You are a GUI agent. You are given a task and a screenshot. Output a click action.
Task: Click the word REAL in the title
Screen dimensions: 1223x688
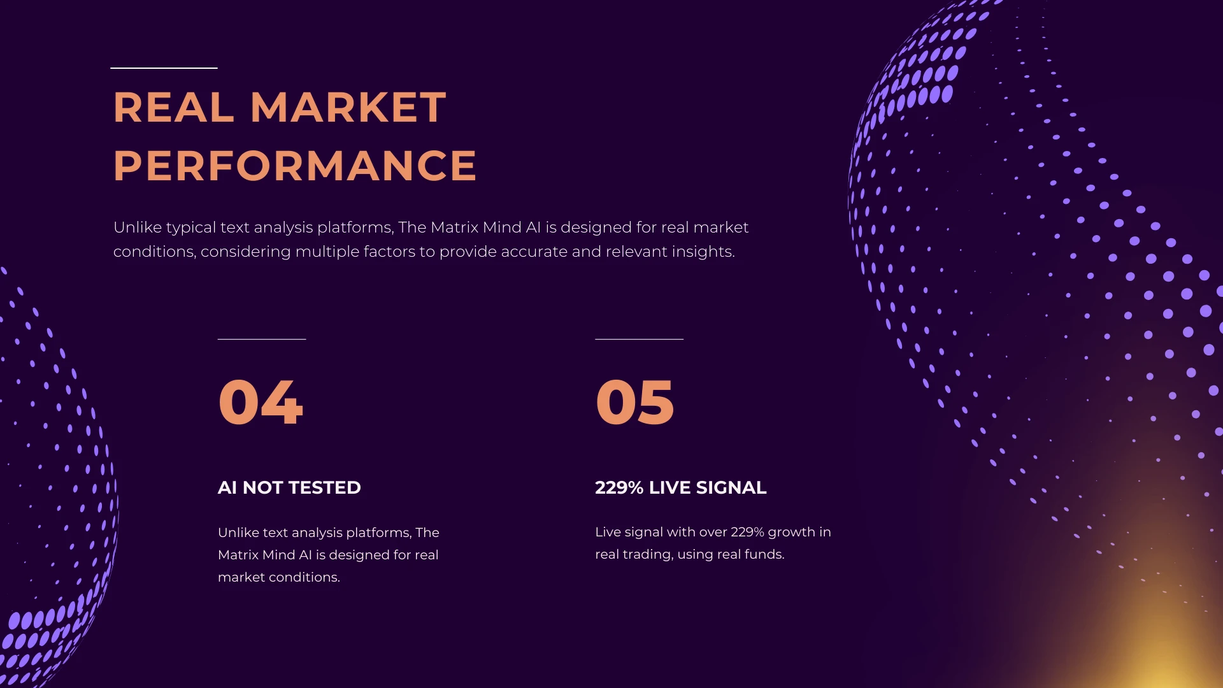click(173, 107)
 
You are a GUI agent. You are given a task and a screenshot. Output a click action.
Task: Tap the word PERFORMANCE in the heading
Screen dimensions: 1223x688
click(295, 166)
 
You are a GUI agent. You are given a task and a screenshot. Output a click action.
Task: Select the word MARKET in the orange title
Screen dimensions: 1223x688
click(348, 107)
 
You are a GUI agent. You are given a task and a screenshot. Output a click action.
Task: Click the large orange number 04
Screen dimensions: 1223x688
click(261, 401)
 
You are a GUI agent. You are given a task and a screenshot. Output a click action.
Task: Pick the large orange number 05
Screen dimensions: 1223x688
click(634, 401)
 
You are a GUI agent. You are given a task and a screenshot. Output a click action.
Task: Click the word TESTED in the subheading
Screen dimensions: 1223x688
click(325, 488)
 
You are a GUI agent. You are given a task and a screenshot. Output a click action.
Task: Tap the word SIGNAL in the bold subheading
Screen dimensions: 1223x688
click(731, 488)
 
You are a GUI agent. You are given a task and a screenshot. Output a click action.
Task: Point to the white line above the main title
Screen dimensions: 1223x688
click(164, 68)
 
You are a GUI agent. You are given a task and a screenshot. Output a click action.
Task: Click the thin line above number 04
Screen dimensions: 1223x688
click(262, 339)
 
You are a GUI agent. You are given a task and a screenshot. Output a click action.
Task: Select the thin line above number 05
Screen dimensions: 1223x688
click(639, 339)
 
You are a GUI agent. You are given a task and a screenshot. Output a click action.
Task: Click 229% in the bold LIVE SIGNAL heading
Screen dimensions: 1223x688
click(619, 488)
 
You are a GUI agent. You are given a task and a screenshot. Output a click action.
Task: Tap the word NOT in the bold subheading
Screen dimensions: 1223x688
click(263, 488)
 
